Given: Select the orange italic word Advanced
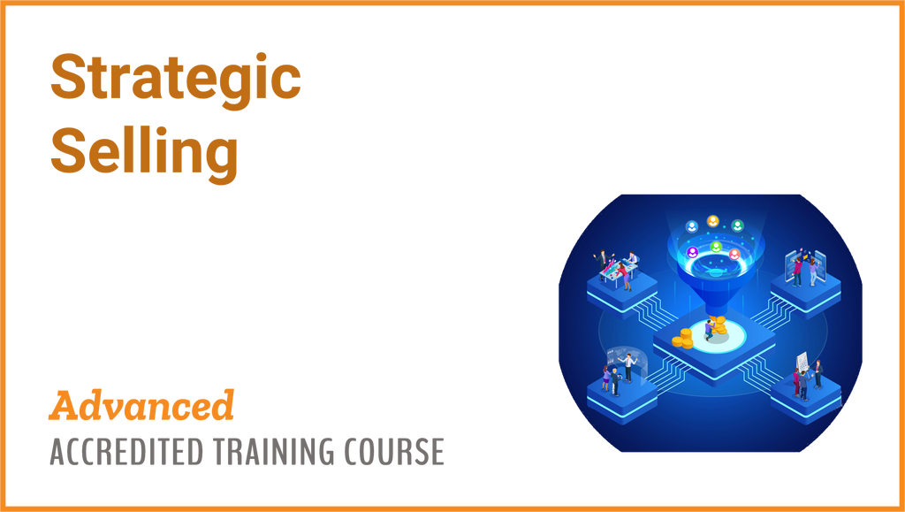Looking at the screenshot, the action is [141, 405].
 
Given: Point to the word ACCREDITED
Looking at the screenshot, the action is [126, 451].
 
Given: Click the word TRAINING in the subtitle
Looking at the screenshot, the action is [275, 451].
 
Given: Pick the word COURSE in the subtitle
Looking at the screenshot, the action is [395, 451].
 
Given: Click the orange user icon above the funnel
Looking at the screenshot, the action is [713, 221].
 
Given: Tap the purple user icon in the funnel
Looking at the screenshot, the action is [692, 252].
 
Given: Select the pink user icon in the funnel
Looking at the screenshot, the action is [734, 254].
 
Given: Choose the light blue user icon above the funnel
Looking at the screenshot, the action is [691, 226].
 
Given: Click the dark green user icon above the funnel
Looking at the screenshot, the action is [737, 225].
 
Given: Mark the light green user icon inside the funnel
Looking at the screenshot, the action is [716, 247].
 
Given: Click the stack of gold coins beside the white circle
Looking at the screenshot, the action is [683, 339].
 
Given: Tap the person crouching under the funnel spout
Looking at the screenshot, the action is [710, 330].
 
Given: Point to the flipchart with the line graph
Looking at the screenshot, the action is [803, 363].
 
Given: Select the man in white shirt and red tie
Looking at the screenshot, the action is [628, 367].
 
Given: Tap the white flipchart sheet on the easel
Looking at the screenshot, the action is [803, 363].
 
